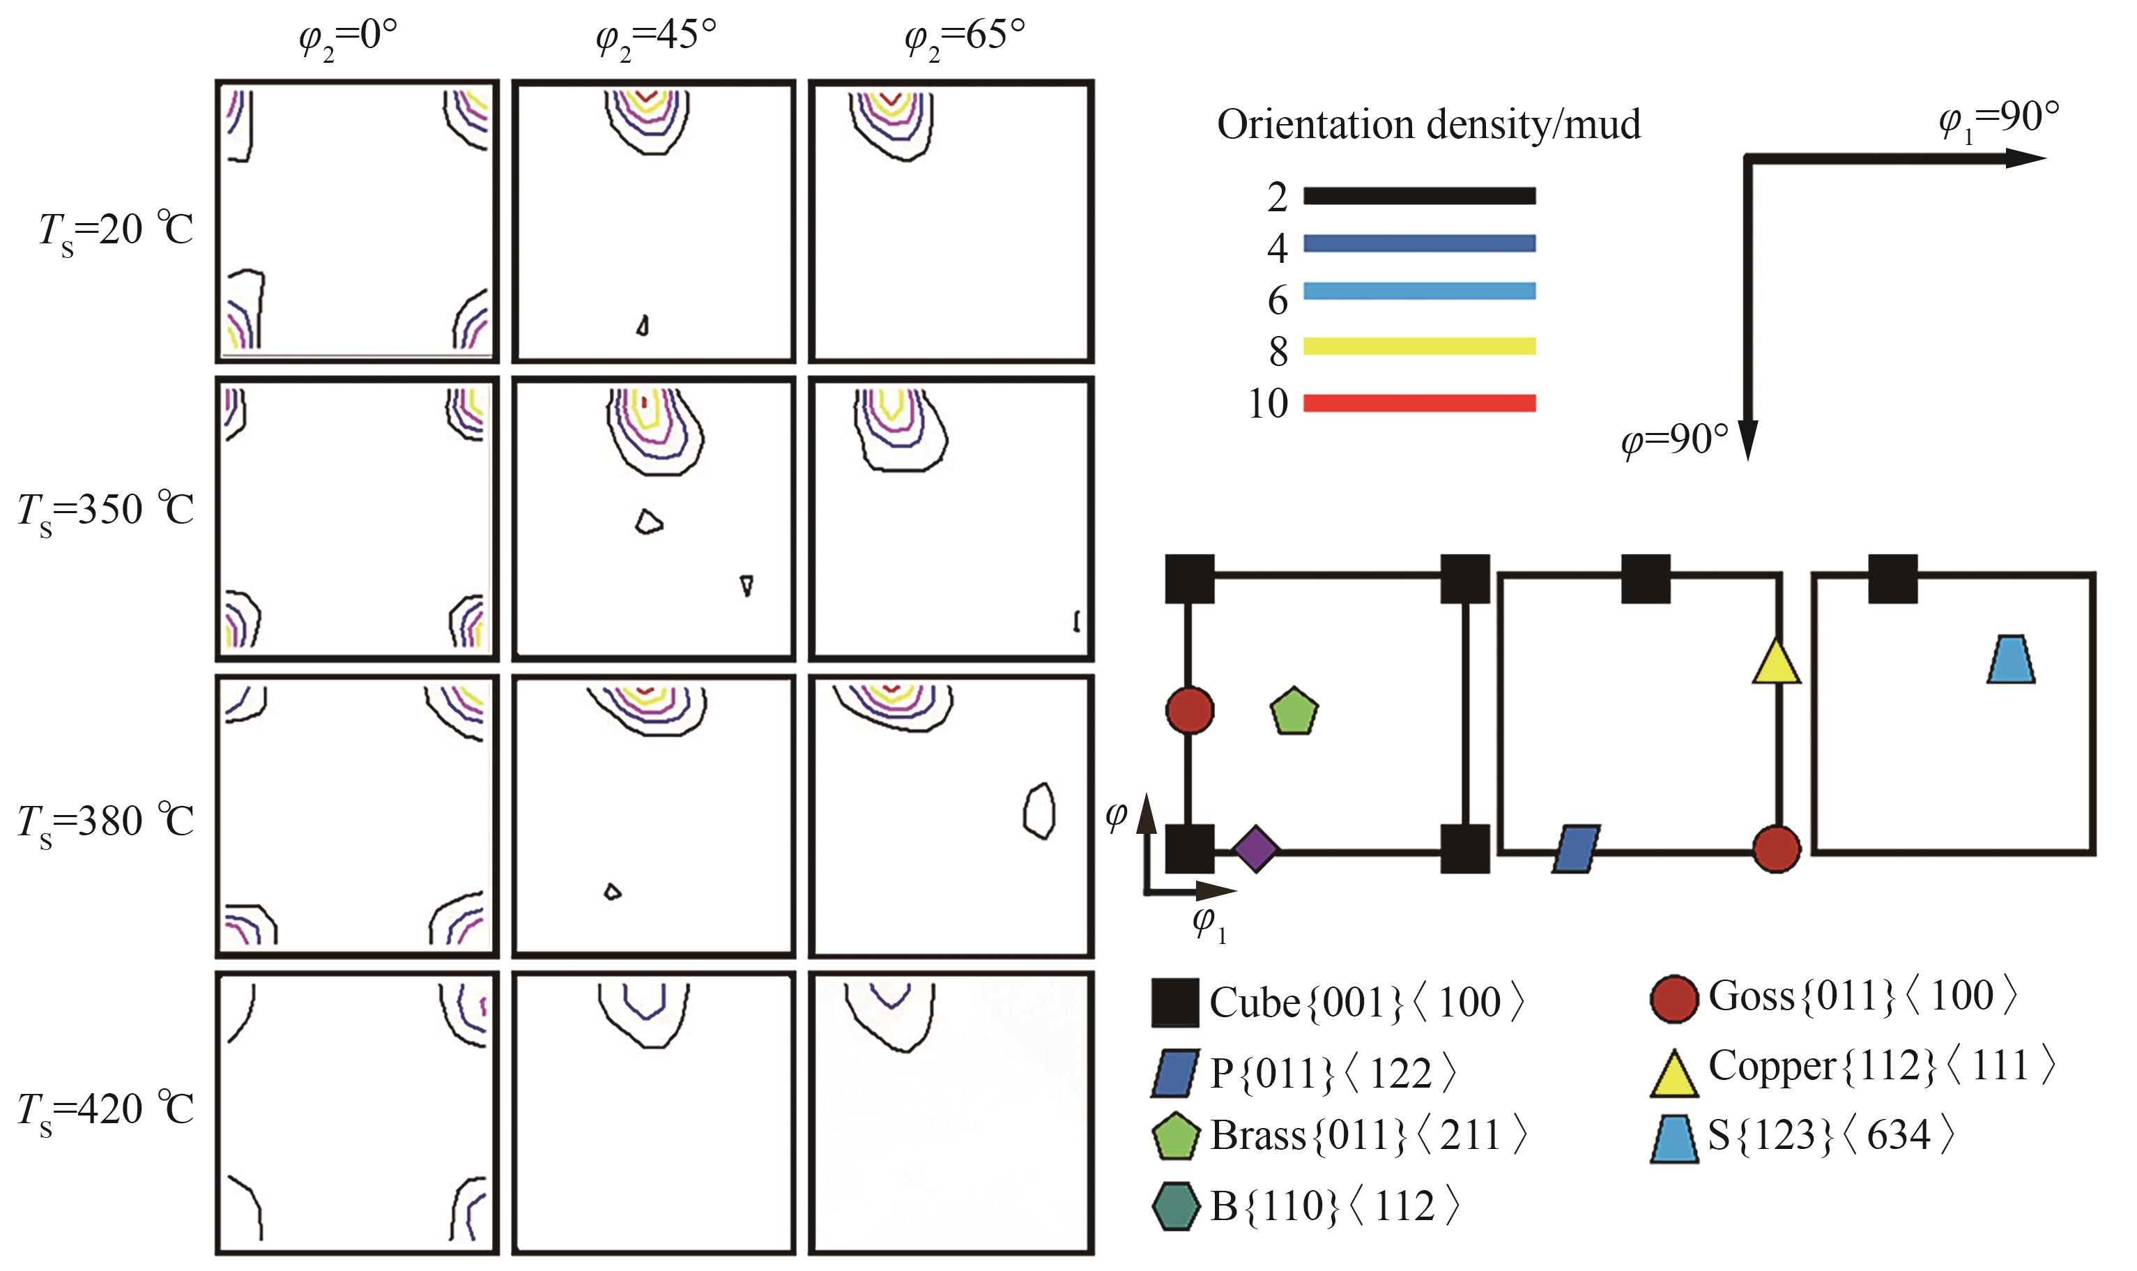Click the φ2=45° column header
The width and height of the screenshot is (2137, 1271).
point(655,38)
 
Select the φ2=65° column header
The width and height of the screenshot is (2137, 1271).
point(964,38)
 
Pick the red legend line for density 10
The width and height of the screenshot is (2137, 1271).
point(1418,402)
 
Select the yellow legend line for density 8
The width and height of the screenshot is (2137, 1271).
point(1418,346)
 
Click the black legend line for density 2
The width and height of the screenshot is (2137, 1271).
point(1418,196)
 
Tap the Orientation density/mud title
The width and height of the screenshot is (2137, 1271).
point(1428,125)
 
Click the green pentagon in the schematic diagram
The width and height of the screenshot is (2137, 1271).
point(1294,711)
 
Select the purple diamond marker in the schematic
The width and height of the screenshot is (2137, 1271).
point(1255,850)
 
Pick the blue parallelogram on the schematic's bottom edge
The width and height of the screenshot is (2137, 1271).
point(1576,850)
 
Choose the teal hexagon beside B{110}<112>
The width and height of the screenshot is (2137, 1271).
point(1176,1206)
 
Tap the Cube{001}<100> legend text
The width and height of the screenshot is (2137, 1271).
point(1366,1003)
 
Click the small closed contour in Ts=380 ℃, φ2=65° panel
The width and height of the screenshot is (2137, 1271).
point(1039,810)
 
